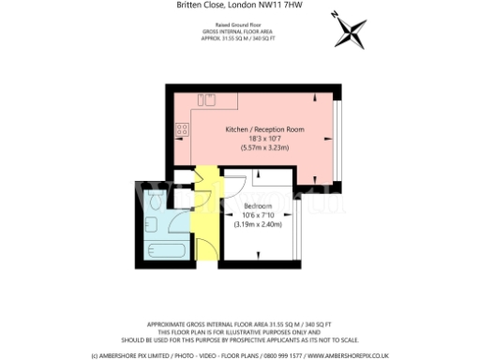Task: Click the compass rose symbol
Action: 349,34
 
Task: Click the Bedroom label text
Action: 258,205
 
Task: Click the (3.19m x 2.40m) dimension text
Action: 258,224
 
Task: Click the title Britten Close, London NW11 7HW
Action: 240,6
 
